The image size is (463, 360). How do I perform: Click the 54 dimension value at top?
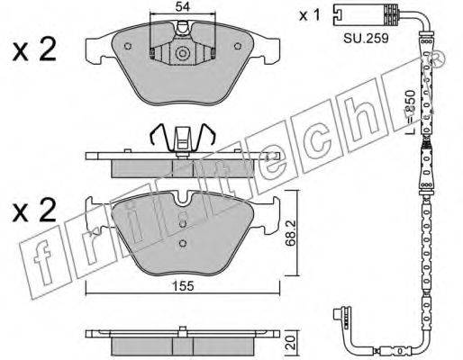[x=183, y=6]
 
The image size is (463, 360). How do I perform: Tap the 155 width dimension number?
[x=183, y=286]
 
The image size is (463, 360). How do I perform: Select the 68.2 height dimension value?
[x=291, y=233]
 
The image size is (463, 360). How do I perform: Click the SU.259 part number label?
[x=366, y=39]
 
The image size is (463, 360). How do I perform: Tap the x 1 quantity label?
[x=310, y=15]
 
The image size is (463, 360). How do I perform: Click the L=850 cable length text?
[x=410, y=112]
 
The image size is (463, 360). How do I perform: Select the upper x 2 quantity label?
[x=34, y=49]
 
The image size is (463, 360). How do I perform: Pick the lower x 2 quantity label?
[x=34, y=210]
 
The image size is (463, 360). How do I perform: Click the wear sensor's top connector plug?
[x=366, y=14]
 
